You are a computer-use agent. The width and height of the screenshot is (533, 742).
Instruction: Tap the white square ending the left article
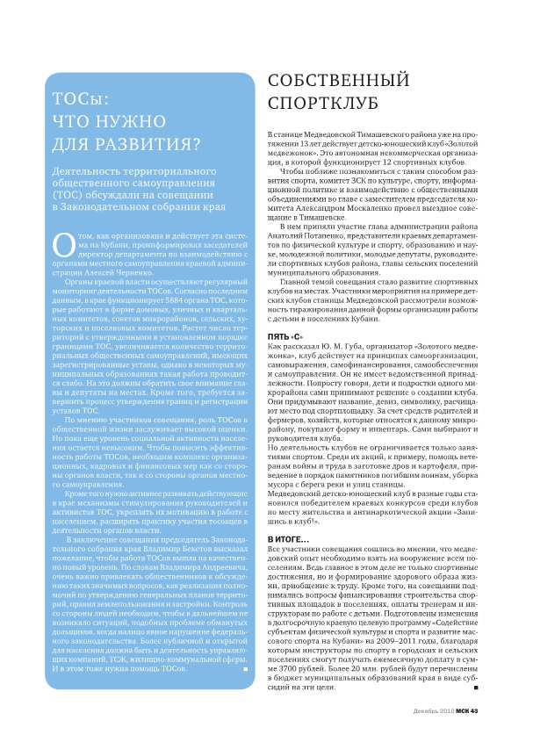coord(243,670)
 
